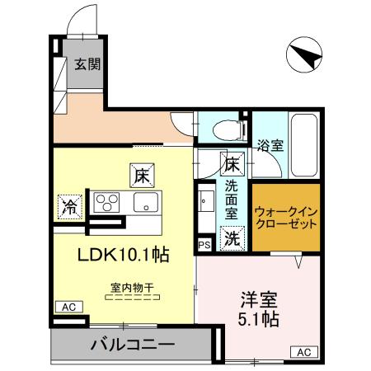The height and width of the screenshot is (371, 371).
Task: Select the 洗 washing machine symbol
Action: click(x=233, y=238)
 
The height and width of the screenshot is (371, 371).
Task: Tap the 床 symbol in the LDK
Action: click(x=140, y=175)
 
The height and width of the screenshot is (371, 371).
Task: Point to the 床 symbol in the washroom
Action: click(x=233, y=163)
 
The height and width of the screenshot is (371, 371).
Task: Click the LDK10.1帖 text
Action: click(x=124, y=255)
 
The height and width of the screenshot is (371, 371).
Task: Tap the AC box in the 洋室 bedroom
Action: click(x=303, y=352)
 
